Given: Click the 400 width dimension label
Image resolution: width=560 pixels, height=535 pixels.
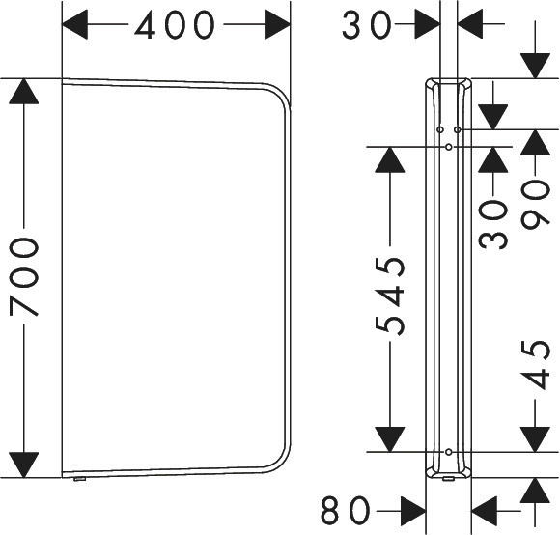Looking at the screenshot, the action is pyautogui.click(x=175, y=25).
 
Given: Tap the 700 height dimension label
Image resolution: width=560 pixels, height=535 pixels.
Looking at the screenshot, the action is pyautogui.click(x=24, y=277).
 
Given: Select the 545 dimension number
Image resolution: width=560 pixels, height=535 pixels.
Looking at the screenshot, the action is pyautogui.click(x=390, y=295).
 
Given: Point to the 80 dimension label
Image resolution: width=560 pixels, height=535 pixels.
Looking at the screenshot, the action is pyautogui.click(x=346, y=510).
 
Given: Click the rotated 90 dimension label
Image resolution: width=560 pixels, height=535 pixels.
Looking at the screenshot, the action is pyautogui.click(x=535, y=204).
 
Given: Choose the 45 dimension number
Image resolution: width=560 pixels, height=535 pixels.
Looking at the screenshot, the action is pyautogui.click(x=535, y=364).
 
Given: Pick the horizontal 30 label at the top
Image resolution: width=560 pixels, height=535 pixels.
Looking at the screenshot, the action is pyautogui.click(x=367, y=25).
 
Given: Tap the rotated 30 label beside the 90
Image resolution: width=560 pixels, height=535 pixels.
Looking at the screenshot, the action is pyautogui.click(x=492, y=224).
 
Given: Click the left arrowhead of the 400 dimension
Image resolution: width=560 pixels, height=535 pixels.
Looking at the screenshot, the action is pyautogui.click(x=74, y=24).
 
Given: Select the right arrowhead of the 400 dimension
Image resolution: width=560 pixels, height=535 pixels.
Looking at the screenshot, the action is pyautogui.click(x=277, y=24).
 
